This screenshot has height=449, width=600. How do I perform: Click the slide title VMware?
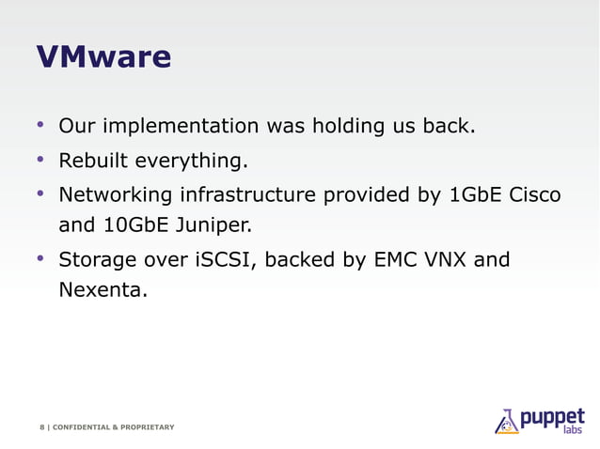pyautogui.click(x=103, y=58)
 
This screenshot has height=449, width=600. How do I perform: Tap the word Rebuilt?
pyautogui.click(x=92, y=162)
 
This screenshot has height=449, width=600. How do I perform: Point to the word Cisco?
pyautogui.click(x=535, y=195)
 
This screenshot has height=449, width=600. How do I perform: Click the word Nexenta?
pyautogui.click(x=103, y=289)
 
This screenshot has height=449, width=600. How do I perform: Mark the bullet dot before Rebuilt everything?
pyautogui.click(x=40, y=160)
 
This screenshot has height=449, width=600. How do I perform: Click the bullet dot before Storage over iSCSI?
pyautogui.click(x=40, y=256)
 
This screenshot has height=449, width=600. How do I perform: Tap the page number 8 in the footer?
pyautogui.click(x=41, y=427)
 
